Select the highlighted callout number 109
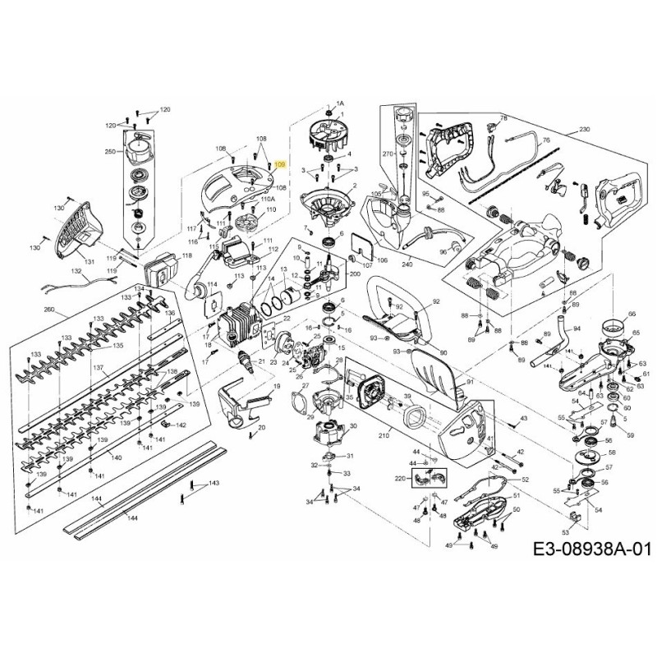click(x=280, y=165)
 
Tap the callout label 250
click(x=110, y=153)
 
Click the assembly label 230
click(x=585, y=130)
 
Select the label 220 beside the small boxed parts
click(x=401, y=478)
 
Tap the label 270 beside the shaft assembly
click(x=388, y=154)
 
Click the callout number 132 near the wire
click(x=75, y=270)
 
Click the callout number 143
click(x=214, y=484)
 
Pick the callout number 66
click(x=632, y=314)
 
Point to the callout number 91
click(x=470, y=382)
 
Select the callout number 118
click(x=186, y=256)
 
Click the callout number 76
click(x=545, y=141)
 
